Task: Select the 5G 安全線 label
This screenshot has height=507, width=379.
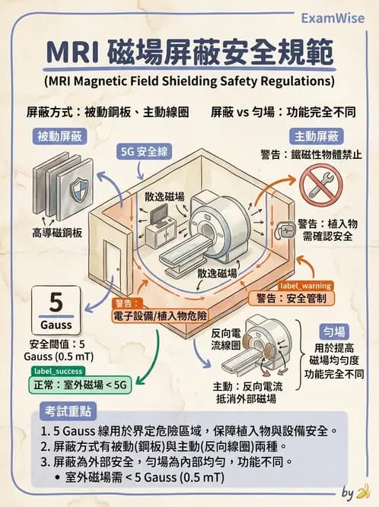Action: (x=146, y=151)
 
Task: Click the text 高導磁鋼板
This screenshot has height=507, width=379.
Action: (x=58, y=230)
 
